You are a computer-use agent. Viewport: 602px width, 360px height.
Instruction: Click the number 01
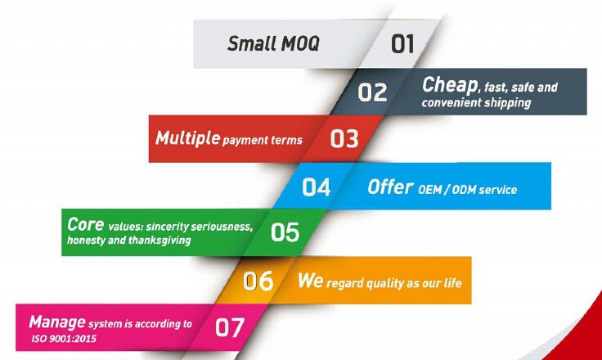(x=402, y=43)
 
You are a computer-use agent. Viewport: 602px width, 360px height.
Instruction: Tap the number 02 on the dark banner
(x=372, y=92)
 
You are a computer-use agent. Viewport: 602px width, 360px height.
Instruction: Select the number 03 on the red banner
(x=344, y=138)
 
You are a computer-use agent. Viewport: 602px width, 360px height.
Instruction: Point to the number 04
(x=316, y=187)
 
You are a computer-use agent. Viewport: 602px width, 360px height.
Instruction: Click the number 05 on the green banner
(x=285, y=232)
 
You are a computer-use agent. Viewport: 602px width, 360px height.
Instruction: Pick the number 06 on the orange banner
(x=258, y=281)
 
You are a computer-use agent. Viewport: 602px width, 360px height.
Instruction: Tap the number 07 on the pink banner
(x=230, y=327)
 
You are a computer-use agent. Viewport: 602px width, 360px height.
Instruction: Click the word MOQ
(x=300, y=43)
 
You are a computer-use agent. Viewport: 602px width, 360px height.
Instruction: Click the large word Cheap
(x=450, y=84)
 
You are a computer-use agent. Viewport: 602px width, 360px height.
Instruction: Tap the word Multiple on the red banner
(x=187, y=137)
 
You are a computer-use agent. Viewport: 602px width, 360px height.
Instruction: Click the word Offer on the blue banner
(x=390, y=187)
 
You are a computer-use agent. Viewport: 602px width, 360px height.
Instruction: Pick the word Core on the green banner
(x=85, y=224)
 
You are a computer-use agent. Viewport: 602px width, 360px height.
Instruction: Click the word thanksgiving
(x=159, y=241)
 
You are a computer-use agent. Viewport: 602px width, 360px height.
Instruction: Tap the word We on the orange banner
(x=310, y=280)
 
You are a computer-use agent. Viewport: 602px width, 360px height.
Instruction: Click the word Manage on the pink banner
(x=57, y=322)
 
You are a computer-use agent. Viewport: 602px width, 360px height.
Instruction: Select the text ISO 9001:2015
(x=64, y=339)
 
